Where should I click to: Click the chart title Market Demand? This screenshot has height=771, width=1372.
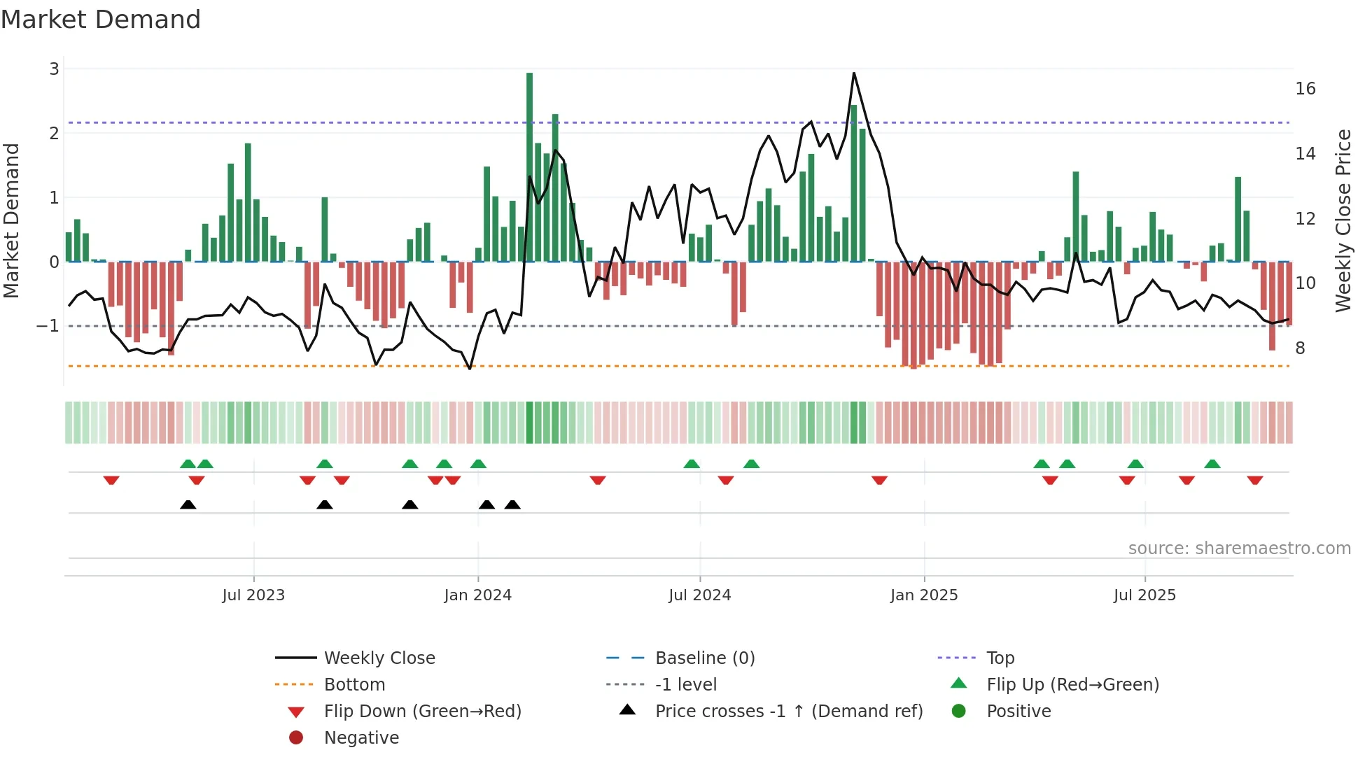click(101, 20)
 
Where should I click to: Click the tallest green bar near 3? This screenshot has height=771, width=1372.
click(529, 168)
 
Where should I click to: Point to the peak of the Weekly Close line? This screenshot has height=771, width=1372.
click(854, 73)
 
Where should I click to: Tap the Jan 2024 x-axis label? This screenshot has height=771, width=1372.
click(477, 595)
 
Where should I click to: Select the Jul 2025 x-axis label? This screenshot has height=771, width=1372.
click(1144, 595)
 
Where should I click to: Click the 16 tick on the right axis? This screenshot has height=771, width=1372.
click(1305, 89)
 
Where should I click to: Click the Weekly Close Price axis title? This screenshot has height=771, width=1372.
click(1343, 220)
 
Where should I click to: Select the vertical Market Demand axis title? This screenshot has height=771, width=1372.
click(11, 220)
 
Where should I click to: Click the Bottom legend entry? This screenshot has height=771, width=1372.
click(354, 684)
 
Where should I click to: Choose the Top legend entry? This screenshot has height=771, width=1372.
click(1000, 658)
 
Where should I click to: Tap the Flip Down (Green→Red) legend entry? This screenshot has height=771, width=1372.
click(422, 711)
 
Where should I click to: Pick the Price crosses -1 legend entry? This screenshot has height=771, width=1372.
click(788, 711)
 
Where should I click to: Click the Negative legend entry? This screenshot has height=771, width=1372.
click(361, 737)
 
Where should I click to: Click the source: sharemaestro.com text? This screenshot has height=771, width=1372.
click(1239, 548)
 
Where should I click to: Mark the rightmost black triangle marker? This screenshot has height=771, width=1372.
click(512, 504)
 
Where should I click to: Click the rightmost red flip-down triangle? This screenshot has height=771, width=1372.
click(1254, 480)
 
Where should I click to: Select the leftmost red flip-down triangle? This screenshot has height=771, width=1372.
click(111, 480)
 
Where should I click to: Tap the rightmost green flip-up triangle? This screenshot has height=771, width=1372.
click(1212, 464)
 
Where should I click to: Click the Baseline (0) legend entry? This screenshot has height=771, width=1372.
click(704, 658)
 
